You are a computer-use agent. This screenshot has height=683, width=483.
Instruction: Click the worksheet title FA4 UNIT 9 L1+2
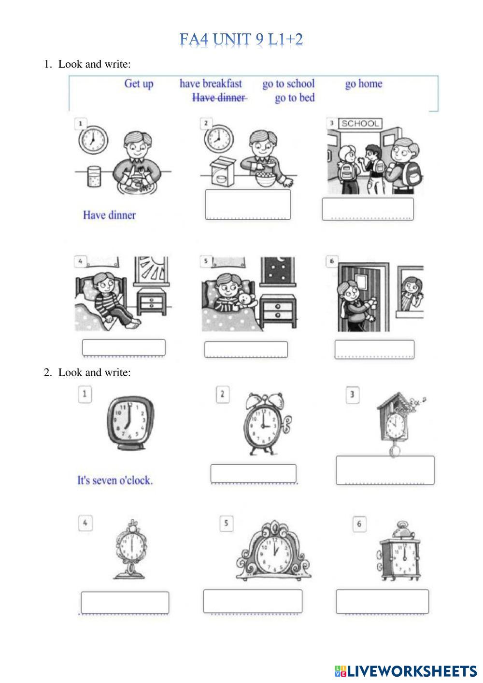pyautogui.click(x=241, y=40)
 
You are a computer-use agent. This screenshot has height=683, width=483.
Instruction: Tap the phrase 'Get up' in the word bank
pyautogui.click(x=139, y=84)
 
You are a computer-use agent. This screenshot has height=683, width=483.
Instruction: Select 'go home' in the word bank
pyautogui.click(x=364, y=84)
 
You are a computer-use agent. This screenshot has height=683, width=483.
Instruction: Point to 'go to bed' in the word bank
pyautogui.click(x=295, y=98)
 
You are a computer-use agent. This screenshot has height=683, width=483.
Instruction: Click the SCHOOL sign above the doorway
pyautogui.click(x=360, y=124)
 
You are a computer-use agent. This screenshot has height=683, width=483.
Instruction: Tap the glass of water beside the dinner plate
pyautogui.click(x=94, y=176)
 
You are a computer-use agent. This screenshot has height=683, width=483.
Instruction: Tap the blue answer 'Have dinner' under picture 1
pyautogui.click(x=110, y=215)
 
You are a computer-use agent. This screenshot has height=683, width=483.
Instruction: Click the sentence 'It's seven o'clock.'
pyautogui.click(x=115, y=481)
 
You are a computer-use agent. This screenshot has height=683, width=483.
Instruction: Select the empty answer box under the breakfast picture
pyautogui.click(x=248, y=204)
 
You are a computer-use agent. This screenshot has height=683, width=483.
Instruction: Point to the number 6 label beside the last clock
pyautogui.click(x=359, y=524)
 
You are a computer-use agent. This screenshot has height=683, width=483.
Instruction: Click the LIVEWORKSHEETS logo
pyautogui.click(x=406, y=671)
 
